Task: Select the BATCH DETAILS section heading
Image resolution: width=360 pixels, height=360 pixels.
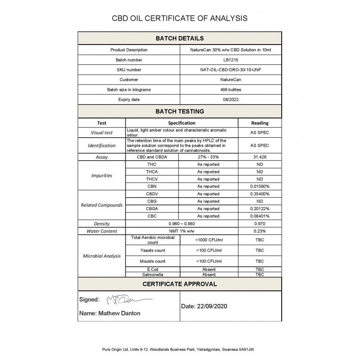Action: tap(180, 38)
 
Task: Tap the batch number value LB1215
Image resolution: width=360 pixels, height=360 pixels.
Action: tap(231, 60)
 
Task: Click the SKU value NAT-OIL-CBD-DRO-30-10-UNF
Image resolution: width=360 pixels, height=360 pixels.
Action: tap(231, 70)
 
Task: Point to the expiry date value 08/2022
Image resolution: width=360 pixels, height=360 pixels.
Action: tap(231, 99)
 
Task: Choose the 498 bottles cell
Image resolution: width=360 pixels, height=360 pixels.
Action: tap(231, 90)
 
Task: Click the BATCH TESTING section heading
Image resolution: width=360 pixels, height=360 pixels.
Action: tap(180, 111)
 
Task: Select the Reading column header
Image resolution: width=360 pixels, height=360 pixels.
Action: tap(260, 123)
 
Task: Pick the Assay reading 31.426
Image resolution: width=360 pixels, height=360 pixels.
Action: tap(260, 157)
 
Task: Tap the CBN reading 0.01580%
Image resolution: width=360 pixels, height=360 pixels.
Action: tap(260, 186)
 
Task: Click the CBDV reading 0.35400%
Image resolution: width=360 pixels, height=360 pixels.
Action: tap(260, 194)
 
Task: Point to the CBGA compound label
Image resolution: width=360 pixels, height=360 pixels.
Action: tap(152, 209)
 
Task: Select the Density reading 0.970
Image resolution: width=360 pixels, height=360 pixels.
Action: tap(260, 224)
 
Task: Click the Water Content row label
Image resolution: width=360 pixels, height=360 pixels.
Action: tap(102, 231)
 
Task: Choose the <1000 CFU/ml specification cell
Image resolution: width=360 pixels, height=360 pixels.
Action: tap(208, 240)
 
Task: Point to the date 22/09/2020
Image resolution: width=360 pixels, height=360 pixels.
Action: tap(205, 306)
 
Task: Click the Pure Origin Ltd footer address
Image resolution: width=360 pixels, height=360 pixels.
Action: tap(180, 349)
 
